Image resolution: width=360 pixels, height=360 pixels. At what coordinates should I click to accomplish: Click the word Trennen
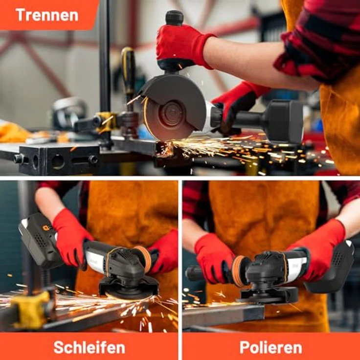[x=46, y=15]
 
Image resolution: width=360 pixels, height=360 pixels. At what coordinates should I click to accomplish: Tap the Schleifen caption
[x=89, y=347]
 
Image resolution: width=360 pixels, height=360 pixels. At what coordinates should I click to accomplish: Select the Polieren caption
[x=270, y=347]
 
